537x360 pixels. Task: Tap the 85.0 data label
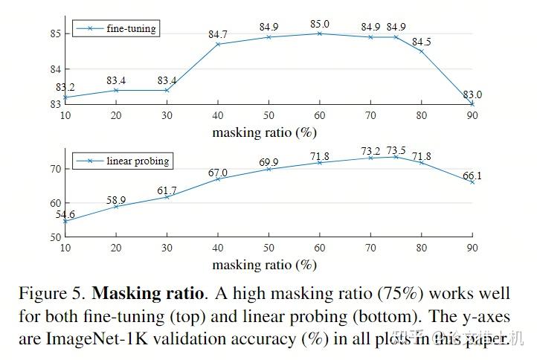pyautogui.click(x=320, y=25)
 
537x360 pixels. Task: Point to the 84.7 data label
pyautogui.click(x=218, y=35)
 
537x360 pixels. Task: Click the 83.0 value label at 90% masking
pyautogui.click(x=472, y=94)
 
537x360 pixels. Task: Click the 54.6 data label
pyautogui.click(x=65, y=214)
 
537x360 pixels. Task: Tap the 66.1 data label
pyautogui.click(x=472, y=175)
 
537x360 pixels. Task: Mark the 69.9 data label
pyautogui.click(x=268, y=161)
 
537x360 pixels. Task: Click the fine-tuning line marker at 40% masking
pyautogui.click(x=218, y=44)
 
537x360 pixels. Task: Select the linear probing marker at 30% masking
pyautogui.click(x=167, y=196)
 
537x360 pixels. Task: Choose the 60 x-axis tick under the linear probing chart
pyautogui.click(x=319, y=247)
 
